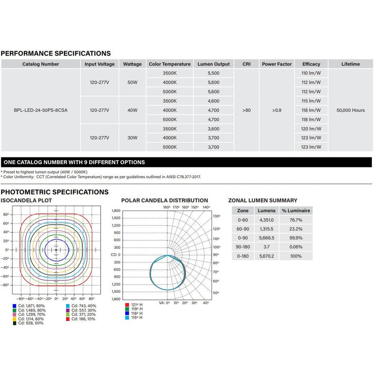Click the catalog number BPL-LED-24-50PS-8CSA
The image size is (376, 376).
(40, 110)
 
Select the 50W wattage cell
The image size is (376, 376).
(132, 82)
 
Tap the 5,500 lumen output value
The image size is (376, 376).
(213, 73)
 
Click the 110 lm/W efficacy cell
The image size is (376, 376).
(311, 73)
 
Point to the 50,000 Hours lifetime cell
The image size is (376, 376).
(351, 110)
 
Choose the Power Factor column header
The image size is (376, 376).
(277, 64)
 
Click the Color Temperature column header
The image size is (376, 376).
(170, 64)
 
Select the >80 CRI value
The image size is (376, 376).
(246, 110)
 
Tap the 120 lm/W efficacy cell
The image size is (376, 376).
(311, 129)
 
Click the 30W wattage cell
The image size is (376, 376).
(132, 138)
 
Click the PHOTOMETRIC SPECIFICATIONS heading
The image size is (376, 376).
(55, 192)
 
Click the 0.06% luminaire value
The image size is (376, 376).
(296, 247)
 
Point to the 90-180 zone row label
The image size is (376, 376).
(243, 247)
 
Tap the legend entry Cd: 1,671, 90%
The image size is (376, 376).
(29, 306)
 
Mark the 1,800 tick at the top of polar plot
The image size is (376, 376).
(116, 211)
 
